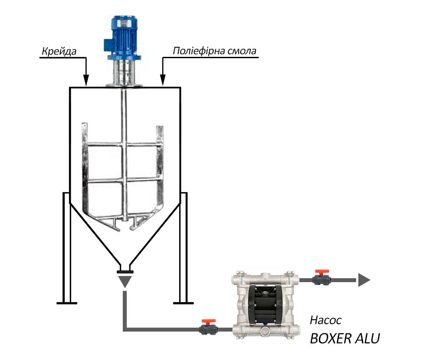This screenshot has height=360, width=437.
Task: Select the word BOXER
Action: click(331, 339)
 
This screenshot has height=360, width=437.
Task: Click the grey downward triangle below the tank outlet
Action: click(125, 281)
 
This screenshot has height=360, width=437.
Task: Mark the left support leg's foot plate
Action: click(66, 302)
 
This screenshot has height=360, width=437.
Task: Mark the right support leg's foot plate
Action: click(184, 302)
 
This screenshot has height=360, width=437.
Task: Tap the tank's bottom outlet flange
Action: click(125, 272)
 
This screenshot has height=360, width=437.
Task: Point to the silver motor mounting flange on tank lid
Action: click(123, 84)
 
